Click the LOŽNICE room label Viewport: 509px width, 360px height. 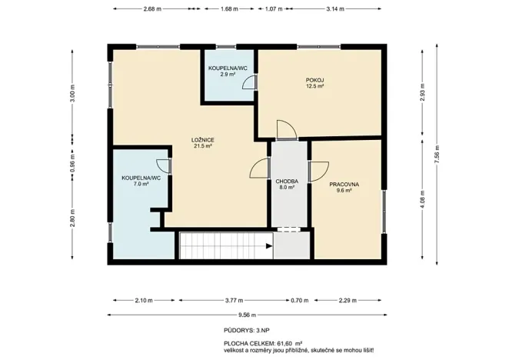203,139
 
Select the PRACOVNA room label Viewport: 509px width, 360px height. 344,185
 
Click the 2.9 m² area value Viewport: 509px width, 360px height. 228,75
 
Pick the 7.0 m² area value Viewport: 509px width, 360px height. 141,185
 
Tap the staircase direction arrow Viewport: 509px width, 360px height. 268,247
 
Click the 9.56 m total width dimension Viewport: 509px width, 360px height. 246,315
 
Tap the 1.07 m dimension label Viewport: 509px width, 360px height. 273,9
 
